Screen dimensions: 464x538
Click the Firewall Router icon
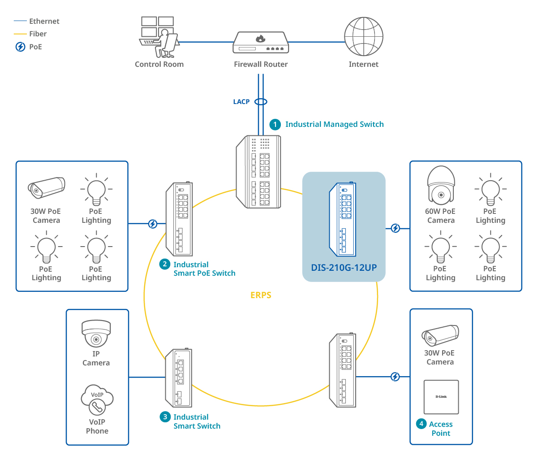tap(260, 43)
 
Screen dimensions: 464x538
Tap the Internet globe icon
tap(363, 37)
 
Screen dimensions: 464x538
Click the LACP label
tap(241, 102)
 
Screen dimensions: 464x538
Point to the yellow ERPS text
tap(261, 295)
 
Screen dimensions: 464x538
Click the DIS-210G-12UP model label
tap(344, 268)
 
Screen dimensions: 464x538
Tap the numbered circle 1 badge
tap(275, 125)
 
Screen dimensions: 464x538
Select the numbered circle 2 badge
tap(165, 265)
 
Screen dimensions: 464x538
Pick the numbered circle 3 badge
tap(165, 417)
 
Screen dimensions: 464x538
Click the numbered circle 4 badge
tap(421, 424)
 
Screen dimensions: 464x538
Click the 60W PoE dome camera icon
tap(441, 185)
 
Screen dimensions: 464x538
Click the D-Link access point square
tap(441, 397)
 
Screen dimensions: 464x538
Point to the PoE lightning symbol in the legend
tap(20, 47)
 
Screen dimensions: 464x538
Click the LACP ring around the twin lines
tap(261, 102)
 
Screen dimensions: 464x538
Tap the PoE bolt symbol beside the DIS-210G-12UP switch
tap(395, 228)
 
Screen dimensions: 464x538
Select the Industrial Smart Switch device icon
tap(179, 377)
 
